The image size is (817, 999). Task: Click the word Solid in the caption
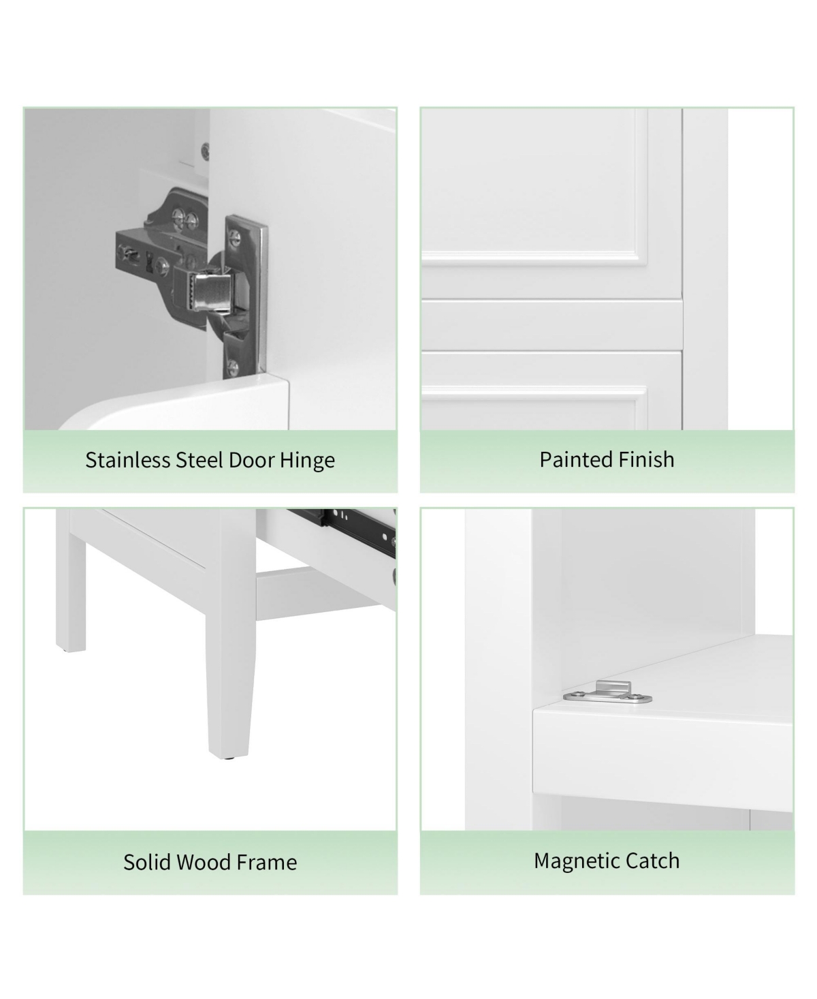click(145, 862)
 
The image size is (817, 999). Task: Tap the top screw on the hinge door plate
click(236, 236)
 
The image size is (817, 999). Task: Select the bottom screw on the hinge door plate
click(234, 365)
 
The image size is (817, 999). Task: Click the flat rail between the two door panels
click(551, 325)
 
